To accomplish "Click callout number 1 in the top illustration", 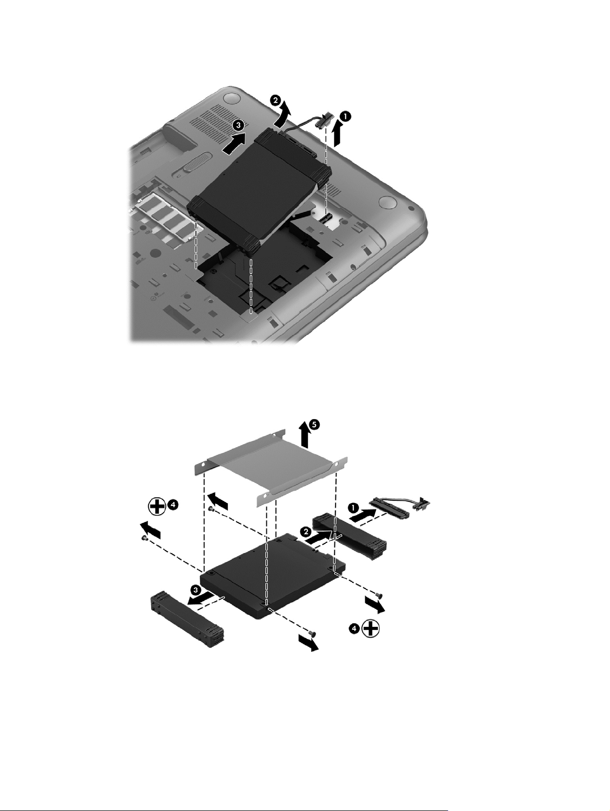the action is [x=345, y=117].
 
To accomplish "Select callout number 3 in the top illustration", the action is [x=239, y=125].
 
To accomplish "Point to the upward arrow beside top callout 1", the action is [x=337, y=135].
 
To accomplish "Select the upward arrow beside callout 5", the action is [x=305, y=436].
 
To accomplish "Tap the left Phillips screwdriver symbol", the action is [x=157, y=506].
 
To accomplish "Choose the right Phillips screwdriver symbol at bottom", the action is [x=371, y=628].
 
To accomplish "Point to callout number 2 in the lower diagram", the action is [x=305, y=532].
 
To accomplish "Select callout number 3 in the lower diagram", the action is [x=196, y=589].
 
